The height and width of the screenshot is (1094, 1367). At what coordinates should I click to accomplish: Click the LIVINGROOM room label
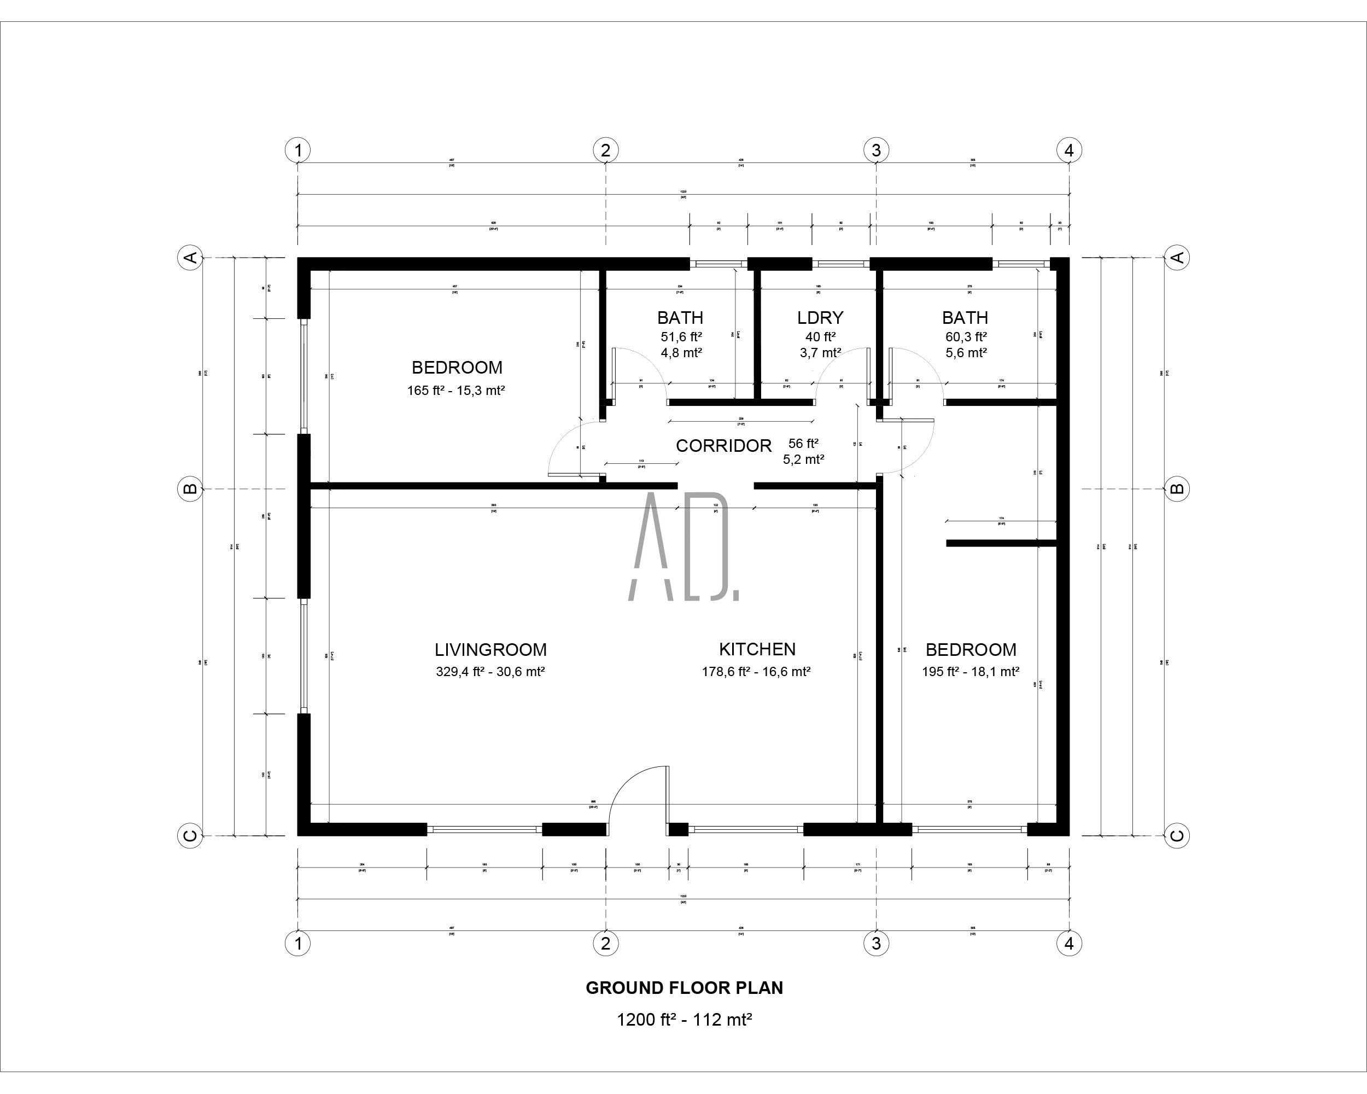pos(490,649)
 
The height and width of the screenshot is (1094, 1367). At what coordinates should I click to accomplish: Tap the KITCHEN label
pos(757,649)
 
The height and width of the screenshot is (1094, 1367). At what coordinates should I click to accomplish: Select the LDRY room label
pos(820,317)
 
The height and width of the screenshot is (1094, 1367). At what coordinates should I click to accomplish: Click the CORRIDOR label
pos(723,446)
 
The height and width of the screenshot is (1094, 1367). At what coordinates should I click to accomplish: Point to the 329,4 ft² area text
pos(490,672)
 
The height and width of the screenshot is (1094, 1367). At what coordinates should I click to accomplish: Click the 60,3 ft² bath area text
pos(966,337)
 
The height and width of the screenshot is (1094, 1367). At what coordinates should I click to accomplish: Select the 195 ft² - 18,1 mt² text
pos(970,672)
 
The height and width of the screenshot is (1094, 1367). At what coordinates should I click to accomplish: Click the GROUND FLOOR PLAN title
pos(683,987)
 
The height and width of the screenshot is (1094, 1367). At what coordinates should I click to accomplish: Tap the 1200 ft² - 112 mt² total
pos(683,1020)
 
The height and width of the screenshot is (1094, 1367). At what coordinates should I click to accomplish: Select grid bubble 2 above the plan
pos(605,150)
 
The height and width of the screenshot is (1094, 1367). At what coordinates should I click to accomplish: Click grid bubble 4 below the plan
pos(1069,944)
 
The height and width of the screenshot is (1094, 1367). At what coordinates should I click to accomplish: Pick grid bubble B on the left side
pos(190,489)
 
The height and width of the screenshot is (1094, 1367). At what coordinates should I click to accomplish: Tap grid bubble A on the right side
pos(1177,258)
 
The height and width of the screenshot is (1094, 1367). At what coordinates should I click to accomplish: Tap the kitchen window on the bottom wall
pos(746,829)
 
